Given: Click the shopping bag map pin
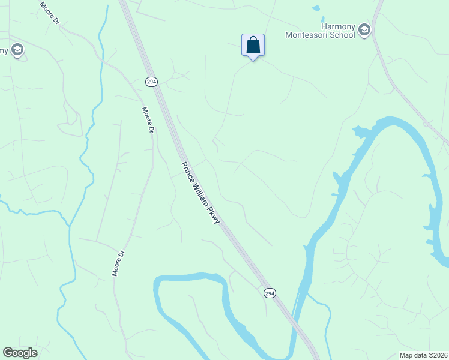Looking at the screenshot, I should pyautogui.click(x=253, y=45).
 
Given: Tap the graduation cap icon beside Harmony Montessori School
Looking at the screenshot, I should pyautogui.click(x=364, y=31).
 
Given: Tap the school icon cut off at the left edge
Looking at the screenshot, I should pyautogui.click(x=17, y=50).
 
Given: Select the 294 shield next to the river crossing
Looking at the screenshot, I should pyautogui.click(x=270, y=292).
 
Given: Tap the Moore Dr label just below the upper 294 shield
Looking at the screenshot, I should pyautogui.click(x=148, y=119).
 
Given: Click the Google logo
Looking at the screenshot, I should pyautogui.click(x=20, y=352).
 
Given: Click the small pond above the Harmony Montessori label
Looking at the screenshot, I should pyautogui.click(x=316, y=8).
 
